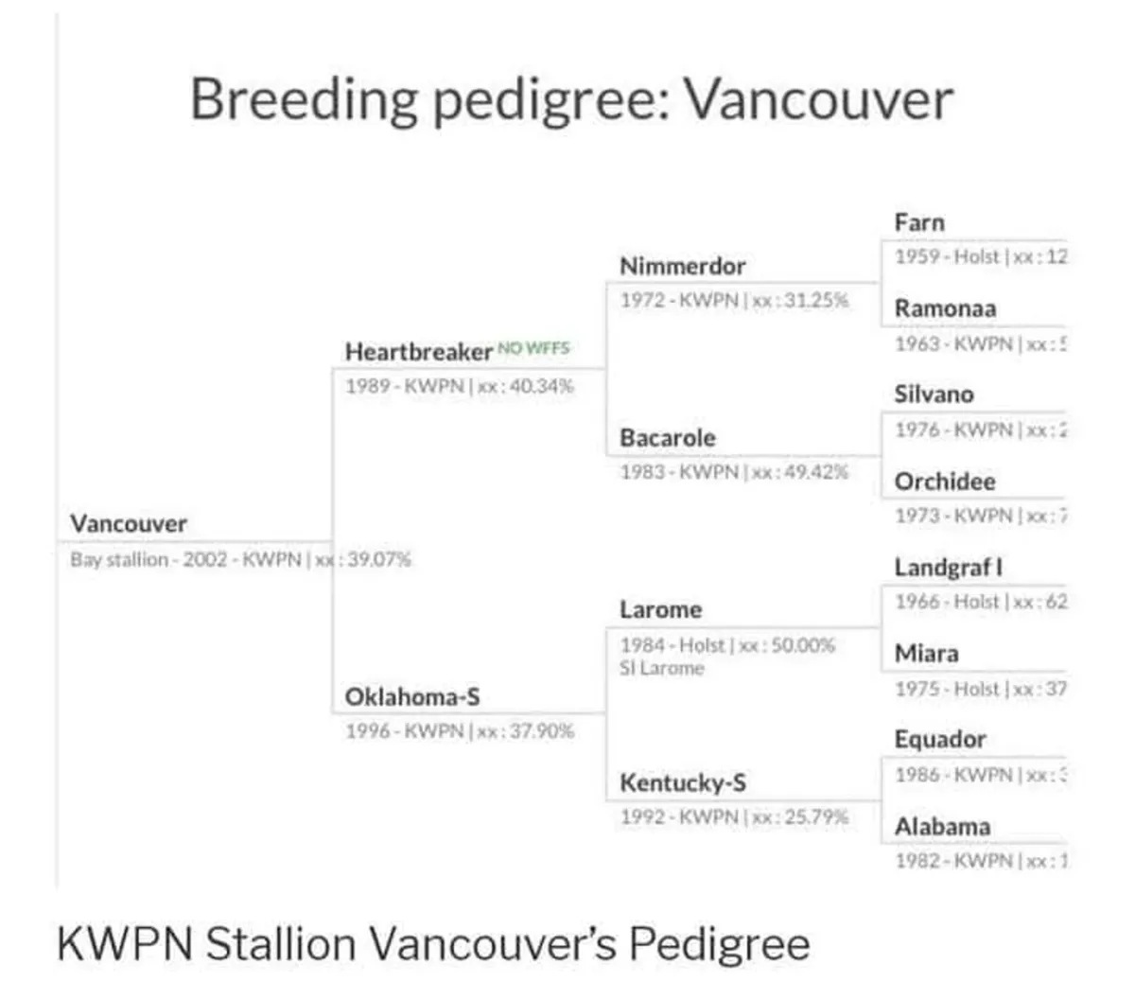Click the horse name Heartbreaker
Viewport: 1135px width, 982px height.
(x=418, y=352)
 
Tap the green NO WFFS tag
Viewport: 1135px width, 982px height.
(x=533, y=348)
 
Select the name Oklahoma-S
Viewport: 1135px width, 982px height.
(x=412, y=697)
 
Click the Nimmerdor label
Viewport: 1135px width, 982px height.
(x=682, y=266)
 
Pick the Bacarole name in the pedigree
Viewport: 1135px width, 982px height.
(x=667, y=438)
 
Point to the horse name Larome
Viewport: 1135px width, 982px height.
(x=660, y=610)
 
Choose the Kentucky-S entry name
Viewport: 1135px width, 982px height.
(x=682, y=782)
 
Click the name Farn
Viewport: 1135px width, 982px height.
(x=918, y=222)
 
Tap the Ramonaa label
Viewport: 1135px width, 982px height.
(x=944, y=308)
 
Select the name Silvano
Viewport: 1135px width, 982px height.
(x=933, y=395)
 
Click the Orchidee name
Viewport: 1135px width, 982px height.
(x=944, y=482)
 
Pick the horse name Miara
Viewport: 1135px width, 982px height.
(x=926, y=654)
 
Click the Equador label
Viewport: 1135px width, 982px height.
(x=939, y=740)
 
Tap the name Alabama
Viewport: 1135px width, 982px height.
(x=942, y=827)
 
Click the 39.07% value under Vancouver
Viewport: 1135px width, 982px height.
(x=379, y=559)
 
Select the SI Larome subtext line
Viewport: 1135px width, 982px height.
(x=662, y=668)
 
